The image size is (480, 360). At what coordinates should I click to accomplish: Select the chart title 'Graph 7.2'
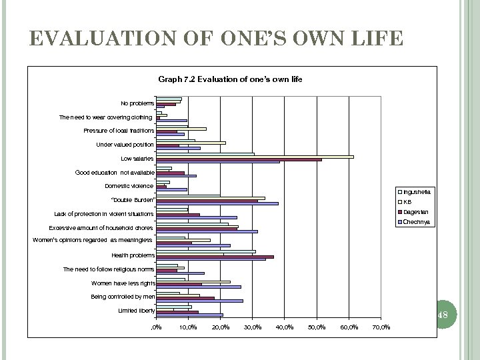coord(230,79)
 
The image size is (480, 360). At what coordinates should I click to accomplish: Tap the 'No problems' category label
coord(137,103)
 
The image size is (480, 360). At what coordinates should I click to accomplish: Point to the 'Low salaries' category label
coord(137,159)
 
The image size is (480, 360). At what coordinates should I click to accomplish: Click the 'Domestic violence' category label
coord(130,186)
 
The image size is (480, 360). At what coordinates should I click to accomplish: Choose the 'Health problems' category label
coord(133,255)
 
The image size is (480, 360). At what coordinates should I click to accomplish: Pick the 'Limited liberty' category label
coord(136,311)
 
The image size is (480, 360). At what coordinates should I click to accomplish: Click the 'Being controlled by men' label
coord(123,297)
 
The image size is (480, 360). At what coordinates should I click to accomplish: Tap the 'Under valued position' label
coord(125,145)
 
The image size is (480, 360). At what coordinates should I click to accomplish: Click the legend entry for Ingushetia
coord(417,192)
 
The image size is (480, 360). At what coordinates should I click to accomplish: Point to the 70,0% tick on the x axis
coord(381,327)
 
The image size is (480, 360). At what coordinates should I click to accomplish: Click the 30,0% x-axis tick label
coord(253,327)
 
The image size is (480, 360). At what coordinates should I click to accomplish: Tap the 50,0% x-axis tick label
coord(317,327)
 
